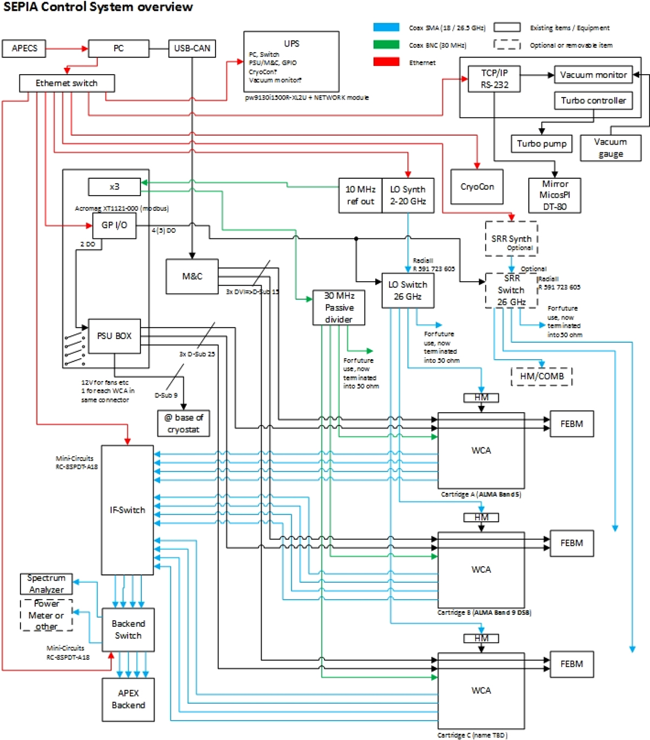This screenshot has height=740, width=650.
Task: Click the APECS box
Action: pos(24,48)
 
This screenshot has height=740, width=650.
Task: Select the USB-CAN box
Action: pos(192,48)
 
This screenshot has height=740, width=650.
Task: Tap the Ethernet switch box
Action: pos(67,83)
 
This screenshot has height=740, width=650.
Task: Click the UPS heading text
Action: pos(291,43)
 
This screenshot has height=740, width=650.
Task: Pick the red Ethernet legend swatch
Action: pos(386,62)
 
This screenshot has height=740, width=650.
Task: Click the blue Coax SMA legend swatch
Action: pos(386,27)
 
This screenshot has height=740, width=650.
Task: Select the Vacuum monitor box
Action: pos(593,75)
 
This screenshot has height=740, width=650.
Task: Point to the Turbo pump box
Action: pos(541,144)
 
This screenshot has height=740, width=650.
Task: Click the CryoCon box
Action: pos(477,186)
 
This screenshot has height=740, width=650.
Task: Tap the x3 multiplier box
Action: pos(114,186)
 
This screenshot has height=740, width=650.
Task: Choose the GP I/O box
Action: pos(114,225)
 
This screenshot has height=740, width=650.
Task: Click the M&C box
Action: pos(192,276)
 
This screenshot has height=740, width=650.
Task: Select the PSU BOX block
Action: pos(114,336)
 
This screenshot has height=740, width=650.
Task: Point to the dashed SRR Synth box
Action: pos(511,239)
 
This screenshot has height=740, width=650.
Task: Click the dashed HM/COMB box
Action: pos(542,376)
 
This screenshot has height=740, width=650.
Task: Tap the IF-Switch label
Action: pos(127,510)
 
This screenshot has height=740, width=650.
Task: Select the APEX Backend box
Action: pos(128,699)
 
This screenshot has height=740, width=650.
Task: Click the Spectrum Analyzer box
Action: pos(46,583)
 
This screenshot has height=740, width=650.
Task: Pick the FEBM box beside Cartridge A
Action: pos(571,424)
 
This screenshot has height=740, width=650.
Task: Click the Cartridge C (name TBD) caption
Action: pos(472,735)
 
